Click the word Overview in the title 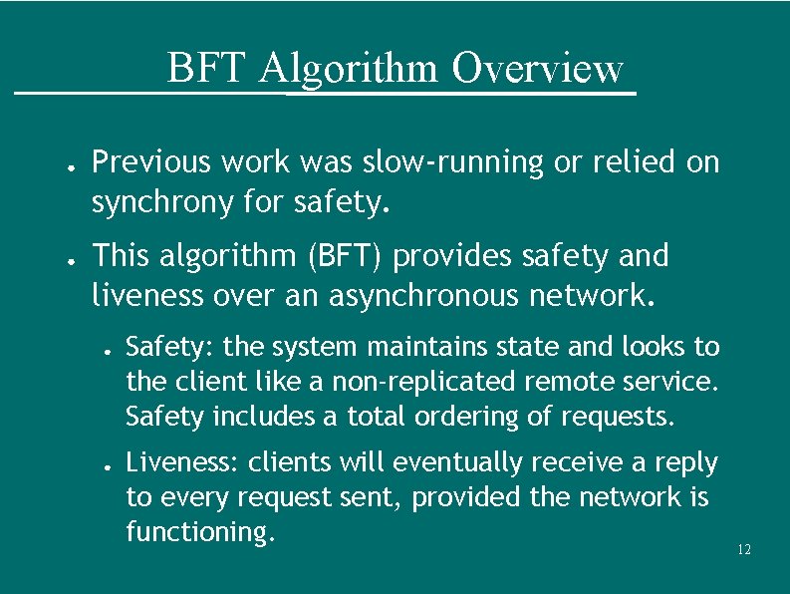pos(537,69)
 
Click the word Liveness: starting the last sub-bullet pos(182,463)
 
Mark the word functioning pos(199,532)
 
